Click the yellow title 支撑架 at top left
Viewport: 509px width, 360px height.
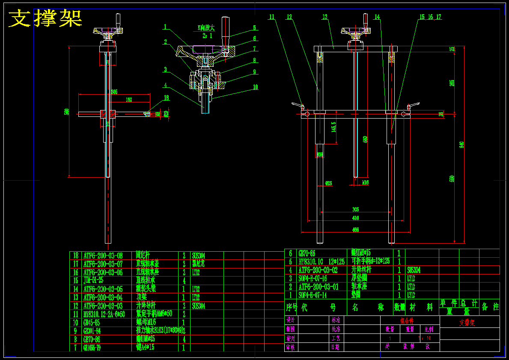[45, 18]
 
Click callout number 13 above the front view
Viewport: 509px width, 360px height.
[325, 17]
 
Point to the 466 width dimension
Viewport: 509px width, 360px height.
[355, 230]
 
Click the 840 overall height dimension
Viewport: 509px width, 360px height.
[461, 145]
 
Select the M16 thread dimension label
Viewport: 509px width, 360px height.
[365, 183]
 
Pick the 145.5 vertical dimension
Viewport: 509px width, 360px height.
[333, 128]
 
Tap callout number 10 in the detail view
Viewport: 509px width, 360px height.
[256, 87]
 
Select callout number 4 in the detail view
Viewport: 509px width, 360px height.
[165, 85]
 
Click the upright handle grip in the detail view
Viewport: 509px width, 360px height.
[225, 30]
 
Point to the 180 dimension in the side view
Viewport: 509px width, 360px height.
[128, 100]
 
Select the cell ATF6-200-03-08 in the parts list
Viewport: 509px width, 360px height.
[103, 255]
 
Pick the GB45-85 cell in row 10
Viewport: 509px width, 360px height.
[92, 322]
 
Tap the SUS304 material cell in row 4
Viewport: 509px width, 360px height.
[414, 270]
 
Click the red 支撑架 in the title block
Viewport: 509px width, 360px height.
[467, 323]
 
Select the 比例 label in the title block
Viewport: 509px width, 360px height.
[429, 330]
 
